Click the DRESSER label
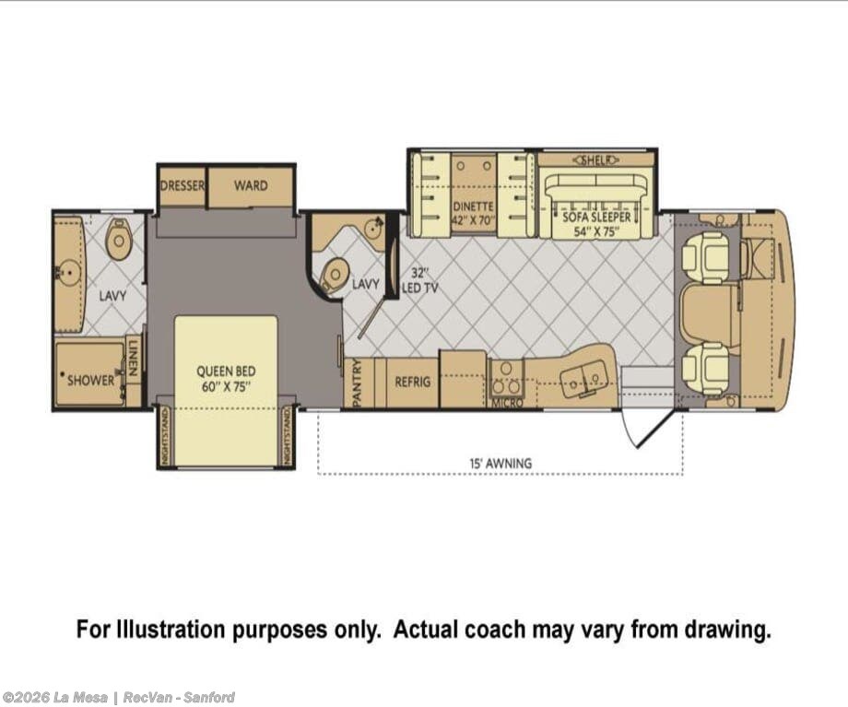coord(183,185)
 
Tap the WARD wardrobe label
coord(251,185)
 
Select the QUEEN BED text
coord(226,371)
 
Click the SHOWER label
coord(91,381)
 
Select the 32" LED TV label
coord(419,281)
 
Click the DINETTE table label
coord(473,206)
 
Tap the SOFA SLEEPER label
coord(596,217)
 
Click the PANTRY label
coord(357,383)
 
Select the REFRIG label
coord(413,382)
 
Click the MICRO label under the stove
coord(507,403)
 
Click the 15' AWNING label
coord(501,464)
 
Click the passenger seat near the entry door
coord(706,370)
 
